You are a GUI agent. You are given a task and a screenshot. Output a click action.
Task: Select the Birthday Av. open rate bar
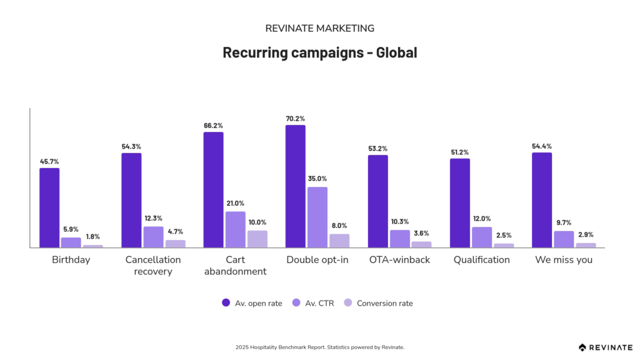tap(49, 207)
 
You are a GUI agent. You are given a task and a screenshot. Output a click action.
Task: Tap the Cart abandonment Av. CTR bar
tap(236, 229)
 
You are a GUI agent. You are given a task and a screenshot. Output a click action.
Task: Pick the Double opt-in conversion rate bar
tap(339, 241)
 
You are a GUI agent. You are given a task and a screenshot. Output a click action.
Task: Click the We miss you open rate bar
tap(542, 200)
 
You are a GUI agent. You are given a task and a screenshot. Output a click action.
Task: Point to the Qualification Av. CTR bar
tap(482, 237)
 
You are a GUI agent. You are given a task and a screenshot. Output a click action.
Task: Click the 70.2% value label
tap(296, 118)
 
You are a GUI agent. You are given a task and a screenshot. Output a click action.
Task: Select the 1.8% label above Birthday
tap(93, 237)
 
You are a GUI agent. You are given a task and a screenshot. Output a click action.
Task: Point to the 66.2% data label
tap(213, 125)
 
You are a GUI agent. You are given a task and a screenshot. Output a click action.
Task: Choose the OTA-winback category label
tap(399, 259)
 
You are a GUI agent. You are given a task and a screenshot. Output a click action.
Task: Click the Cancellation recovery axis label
tap(153, 265)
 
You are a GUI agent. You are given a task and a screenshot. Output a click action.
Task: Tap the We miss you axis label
tap(564, 259)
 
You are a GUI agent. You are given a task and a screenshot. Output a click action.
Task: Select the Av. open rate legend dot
tap(226, 303)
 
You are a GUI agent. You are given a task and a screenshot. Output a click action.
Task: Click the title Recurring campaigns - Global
tap(319, 52)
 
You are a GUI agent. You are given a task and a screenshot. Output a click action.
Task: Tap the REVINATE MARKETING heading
tap(319, 28)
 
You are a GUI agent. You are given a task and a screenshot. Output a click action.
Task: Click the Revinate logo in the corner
tap(604, 347)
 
